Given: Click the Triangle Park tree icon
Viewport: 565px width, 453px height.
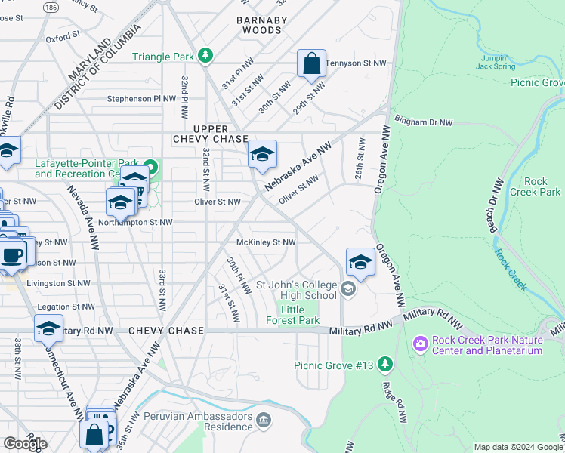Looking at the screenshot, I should click(x=204, y=57).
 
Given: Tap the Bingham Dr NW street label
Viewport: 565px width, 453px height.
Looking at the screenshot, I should click(x=424, y=122).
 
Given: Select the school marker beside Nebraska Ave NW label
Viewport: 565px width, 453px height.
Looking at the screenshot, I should click(x=262, y=155).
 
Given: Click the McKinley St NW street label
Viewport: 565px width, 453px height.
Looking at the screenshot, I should click(x=265, y=242).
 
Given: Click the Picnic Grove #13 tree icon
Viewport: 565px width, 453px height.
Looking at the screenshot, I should click(x=385, y=365).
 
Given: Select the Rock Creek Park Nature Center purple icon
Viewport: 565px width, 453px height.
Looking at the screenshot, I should click(x=420, y=344).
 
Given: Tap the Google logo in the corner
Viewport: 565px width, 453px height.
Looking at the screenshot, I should click(x=25, y=444).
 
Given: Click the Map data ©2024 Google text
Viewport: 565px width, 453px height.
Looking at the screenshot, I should click(x=517, y=447).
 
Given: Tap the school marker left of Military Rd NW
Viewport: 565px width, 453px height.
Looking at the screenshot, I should click(x=48, y=328).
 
